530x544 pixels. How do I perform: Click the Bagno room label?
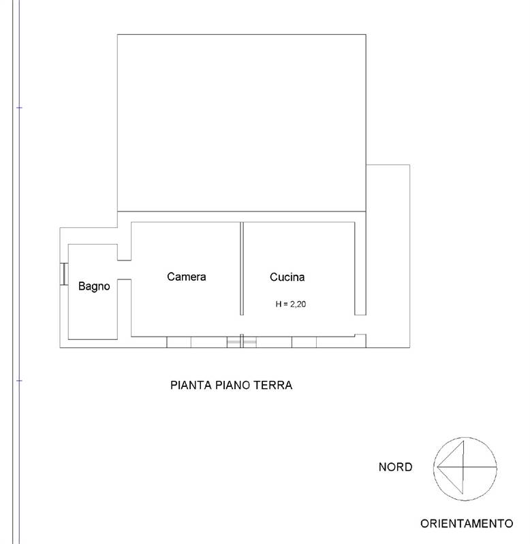tap(94, 286)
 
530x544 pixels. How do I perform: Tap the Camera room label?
tap(186, 277)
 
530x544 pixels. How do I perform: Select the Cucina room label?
tap(287, 277)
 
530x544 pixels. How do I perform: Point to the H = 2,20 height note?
tap(290, 304)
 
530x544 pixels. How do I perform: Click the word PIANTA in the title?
tap(191, 385)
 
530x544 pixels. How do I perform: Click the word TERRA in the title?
tap(273, 385)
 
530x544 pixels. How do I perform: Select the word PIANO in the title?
tap(232, 385)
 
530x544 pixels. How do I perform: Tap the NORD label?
tap(396, 467)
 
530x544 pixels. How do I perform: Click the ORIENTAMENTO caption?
tap(467, 524)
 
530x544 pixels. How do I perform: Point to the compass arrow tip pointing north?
tap(437, 467)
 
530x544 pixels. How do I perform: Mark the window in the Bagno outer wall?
tap(64, 274)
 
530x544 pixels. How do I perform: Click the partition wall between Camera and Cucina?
tap(242, 269)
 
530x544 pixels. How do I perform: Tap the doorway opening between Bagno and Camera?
tap(124, 269)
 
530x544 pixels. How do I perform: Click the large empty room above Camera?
tap(242, 122)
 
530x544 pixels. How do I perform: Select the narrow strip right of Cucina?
tap(388, 256)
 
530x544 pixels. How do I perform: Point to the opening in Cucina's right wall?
tap(360, 324)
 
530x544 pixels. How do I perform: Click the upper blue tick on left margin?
tap(20, 108)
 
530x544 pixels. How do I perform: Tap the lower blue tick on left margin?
tap(20, 381)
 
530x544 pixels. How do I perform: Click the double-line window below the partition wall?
tap(242, 342)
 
